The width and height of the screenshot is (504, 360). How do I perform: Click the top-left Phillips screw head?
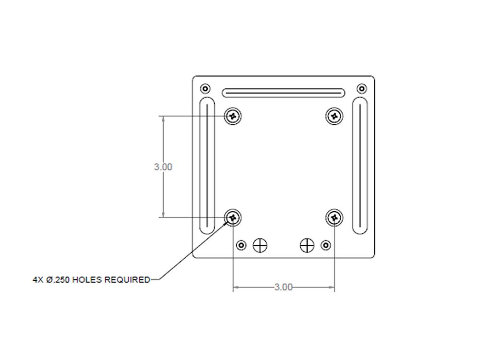[233, 116]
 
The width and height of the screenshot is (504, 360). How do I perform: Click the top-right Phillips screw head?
[334, 116]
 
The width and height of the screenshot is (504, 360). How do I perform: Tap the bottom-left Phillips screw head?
[233, 217]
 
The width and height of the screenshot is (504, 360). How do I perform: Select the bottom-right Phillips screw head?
[334, 217]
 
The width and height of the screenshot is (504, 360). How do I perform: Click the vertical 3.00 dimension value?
[163, 167]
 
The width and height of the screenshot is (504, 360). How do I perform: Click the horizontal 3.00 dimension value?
[284, 287]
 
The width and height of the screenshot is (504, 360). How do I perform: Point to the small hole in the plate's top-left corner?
[205, 88]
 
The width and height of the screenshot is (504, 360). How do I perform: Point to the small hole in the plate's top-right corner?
[362, 88]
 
